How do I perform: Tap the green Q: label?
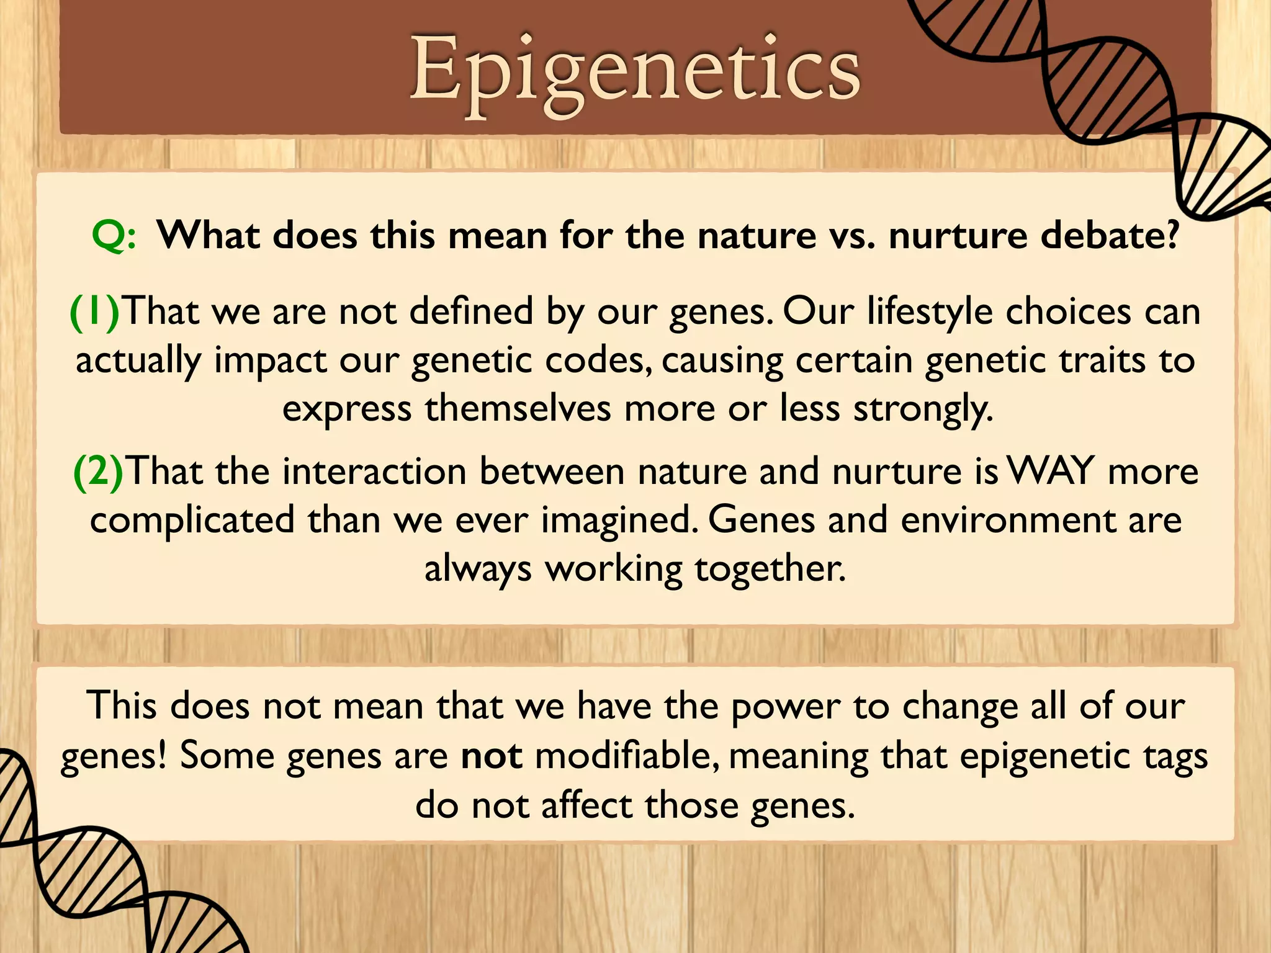(114, 236)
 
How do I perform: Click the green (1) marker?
(94, 311)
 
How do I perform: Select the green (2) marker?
(98, 472)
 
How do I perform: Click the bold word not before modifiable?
(492, 756)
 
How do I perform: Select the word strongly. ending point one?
(923, 409)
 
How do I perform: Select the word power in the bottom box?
(785, 707)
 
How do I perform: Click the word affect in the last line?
(586, 805)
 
